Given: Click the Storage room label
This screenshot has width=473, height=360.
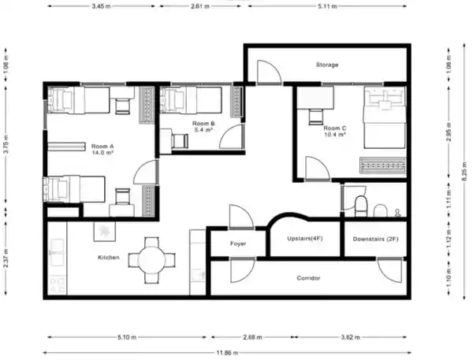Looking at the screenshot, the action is click(327, 65).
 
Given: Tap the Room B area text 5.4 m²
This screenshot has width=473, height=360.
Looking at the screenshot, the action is click(203, 130).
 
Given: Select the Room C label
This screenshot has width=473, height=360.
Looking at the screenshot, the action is click(335, 128).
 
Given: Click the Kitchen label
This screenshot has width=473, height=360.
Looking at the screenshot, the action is click(109, 258).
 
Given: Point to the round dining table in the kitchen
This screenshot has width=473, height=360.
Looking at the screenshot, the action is click(151, 260).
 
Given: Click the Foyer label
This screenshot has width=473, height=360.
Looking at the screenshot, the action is click(238, 243).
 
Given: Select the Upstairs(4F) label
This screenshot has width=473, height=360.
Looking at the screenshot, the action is click(304, 239).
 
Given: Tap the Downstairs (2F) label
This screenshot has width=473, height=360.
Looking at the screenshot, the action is click(375, 239).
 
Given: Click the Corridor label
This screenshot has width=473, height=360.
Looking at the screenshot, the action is click(308, 278).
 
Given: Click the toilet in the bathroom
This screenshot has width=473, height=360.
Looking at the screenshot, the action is click(361, 206).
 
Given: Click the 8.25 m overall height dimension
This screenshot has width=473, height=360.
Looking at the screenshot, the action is click(465, 171).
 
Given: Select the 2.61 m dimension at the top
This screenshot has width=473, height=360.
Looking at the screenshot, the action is click(200, 6).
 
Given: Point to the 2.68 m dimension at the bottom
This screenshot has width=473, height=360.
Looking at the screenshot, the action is click(252, 337).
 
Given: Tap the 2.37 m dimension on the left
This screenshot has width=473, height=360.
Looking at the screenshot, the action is click(6, 258).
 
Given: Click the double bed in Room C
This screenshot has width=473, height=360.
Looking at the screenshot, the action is click(385, 117).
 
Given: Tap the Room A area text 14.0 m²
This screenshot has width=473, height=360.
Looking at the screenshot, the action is click(102, 153).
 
